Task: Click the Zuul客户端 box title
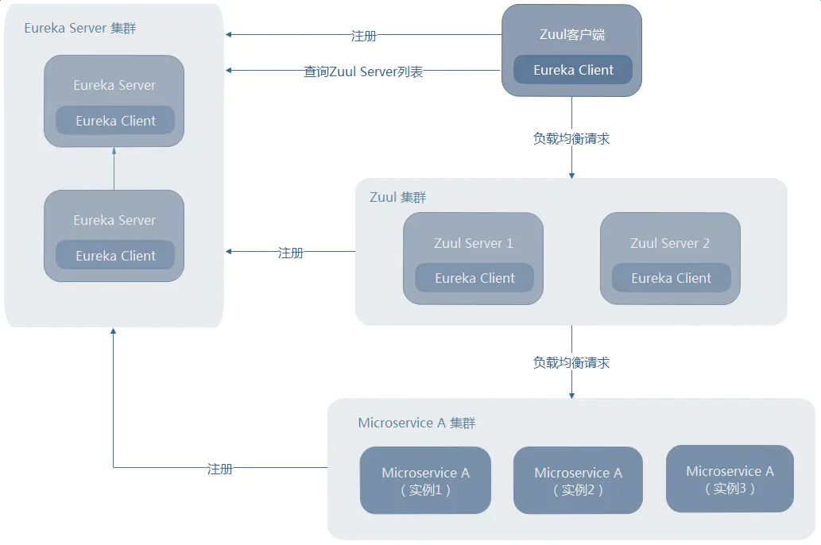pos(571,34)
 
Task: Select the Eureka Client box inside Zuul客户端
pos(573,70)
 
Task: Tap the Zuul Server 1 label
pos(473,243)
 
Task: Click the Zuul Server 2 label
pos(670,243)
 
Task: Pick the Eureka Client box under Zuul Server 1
pos(474,278)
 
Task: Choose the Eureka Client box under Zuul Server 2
pos(671,278)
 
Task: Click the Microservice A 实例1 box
pos(425,481)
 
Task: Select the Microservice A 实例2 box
pos(578,481)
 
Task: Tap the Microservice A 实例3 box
pos(730,479)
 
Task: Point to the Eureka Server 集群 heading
pos(79,28)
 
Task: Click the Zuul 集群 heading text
pos(398,197)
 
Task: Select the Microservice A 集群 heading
pos(416,423)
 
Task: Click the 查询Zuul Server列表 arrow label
pos(363,72)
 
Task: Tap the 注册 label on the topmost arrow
pos(363,36)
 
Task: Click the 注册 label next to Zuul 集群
pos(290,253)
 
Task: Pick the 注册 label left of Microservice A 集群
pos(219,469)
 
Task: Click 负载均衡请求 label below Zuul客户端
pos(571,138)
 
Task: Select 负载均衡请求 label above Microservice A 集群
pos(571,362)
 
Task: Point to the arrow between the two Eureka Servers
pos(114,168)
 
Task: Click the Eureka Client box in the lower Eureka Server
pos(115,256)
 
